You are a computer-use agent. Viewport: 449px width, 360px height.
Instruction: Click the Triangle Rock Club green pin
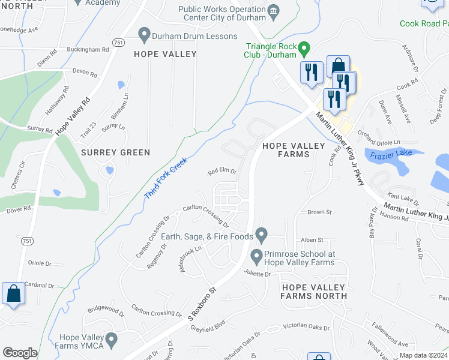pyautogui.click(x=304, y=47)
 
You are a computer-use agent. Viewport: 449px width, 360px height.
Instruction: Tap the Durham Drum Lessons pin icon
pyautogui.click(x=143, y=35)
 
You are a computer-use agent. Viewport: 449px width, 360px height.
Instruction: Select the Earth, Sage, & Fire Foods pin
pyautogui.click(x=261, y=233)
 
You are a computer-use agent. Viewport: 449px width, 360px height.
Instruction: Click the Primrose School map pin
pyautogui.click(x=256, y=256)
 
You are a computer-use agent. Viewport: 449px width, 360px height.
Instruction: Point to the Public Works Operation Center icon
pyautogui.click(x=273, y=11)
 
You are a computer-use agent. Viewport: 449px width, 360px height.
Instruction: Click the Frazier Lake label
pyautogui.click(x=390, y=154)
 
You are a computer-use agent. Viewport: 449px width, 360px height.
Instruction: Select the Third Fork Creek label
pyautogui.click(x=166, y=179)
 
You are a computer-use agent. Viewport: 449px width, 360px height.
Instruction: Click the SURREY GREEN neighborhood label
pyautogui.click(x=115, y=152)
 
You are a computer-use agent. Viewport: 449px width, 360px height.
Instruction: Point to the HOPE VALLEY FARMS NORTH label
pyautogui.click(x=314, y=291)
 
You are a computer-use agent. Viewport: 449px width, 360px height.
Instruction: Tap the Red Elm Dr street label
pyautogui.click(x=222, y=172)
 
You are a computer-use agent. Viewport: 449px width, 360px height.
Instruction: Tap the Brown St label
pyautogui.click(x=319, y=212)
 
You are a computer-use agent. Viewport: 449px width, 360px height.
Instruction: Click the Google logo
pyautogui.click(x=20, y=353)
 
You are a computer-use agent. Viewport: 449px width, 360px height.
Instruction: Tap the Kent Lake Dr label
pyautogui.click(x=402, y=196)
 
